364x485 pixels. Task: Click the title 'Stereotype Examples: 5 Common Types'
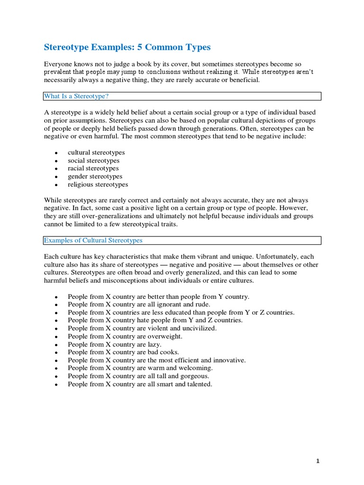(127, 47)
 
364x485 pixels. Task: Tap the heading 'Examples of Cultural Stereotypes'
(93, 241)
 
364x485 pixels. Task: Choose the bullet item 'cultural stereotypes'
(96, 153)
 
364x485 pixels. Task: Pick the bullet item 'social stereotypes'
(93, 161)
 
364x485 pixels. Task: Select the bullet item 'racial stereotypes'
(93, 169)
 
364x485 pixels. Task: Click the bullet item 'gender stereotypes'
(95, 177)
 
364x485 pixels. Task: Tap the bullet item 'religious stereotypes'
(98, 185)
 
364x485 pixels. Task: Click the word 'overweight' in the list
(166, 336)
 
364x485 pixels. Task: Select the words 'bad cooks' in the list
(164, 352)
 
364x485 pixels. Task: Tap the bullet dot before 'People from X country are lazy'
(56, 345)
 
